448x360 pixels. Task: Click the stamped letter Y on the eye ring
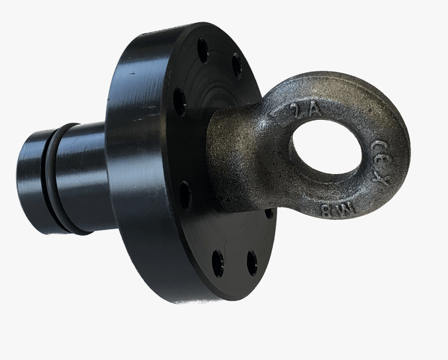384,182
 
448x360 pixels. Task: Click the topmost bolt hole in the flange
203,51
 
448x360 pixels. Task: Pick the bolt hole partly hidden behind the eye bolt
269,213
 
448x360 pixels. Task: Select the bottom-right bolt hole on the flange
252,263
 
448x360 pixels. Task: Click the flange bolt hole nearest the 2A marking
237,66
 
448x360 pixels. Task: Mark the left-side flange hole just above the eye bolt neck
179,101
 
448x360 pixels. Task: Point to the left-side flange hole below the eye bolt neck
185,195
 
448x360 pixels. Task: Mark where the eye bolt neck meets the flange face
214,151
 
